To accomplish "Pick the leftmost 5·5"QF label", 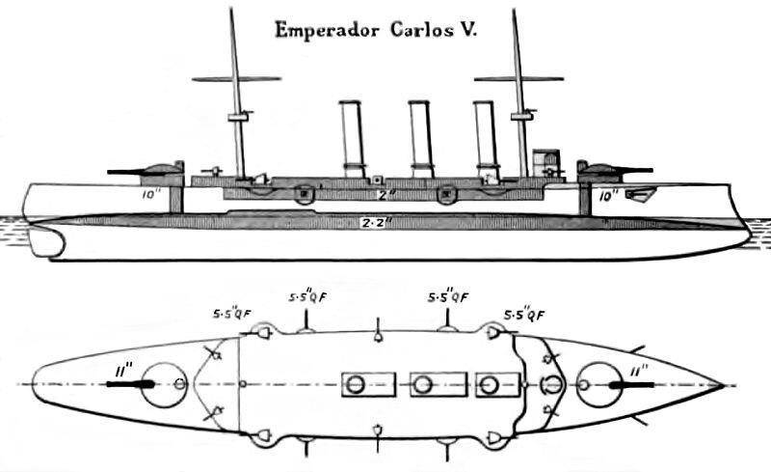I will (233, 314).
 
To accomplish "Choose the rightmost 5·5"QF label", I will (526, 314).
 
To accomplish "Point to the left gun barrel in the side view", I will (126, 171).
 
